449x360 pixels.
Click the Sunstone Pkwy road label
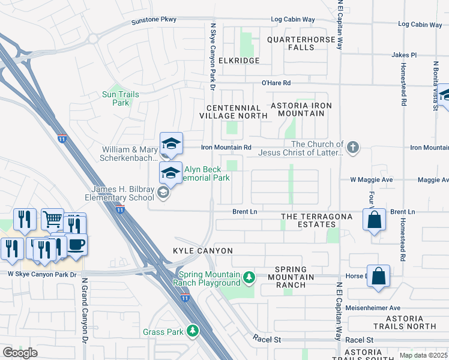pos(154,20)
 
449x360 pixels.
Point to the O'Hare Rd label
pos(276,83)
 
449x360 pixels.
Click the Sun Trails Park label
pos(121,98)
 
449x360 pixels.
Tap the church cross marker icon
pos(354,147)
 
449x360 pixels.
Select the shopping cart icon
pos(52,219)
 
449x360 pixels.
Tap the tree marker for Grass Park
pos(192,331)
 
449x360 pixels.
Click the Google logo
pos(20,353)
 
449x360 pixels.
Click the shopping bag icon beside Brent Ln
pos(374,220)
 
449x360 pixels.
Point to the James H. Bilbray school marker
pos(162,192)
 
